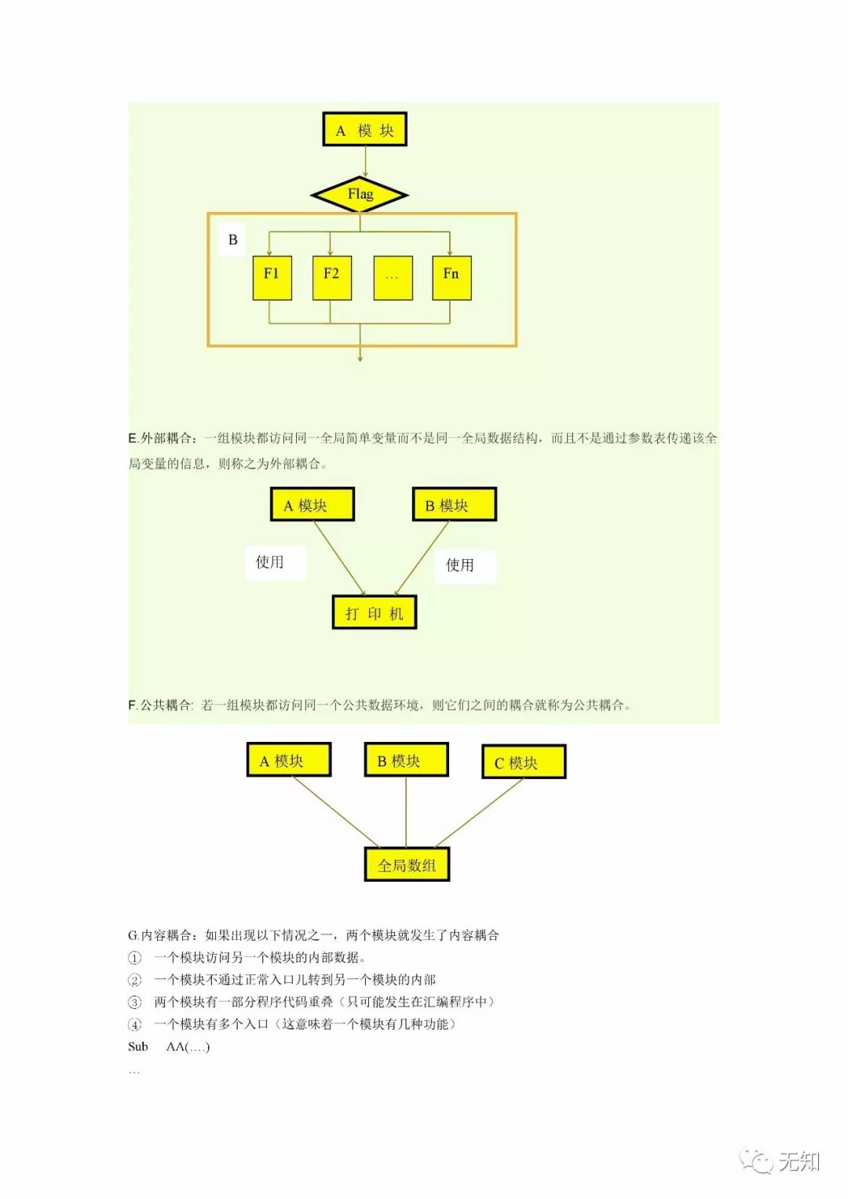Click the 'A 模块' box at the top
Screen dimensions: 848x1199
click(x=364, y=130)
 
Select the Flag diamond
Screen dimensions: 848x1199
click(x=360, y=195)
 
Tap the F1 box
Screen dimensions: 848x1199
click(x=272, y=277)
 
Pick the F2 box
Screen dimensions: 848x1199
click(x=331, y=277)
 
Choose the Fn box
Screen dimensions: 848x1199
click(x=451, y=277)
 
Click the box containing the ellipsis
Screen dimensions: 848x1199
click(x=393, y=277)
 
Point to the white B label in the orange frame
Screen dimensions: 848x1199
click(x=232, y=239)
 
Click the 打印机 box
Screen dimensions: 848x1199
click(x=375, y=613)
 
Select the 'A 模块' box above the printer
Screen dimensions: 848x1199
click(x=312, y=505)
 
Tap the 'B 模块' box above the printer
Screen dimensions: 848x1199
click(x=454, y=505)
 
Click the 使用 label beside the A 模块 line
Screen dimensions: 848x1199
click(x=270, y=562)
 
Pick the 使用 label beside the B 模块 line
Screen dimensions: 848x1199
click(x=461, y=565)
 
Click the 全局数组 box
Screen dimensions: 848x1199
click(x=407, y=865)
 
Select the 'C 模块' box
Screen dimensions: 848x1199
click(x=523, y=762)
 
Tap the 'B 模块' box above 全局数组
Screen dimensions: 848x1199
click(x=406, y=760)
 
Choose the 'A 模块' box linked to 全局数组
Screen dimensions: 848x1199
click(x=288, y=760)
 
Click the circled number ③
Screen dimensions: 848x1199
click(x=135, y=1002)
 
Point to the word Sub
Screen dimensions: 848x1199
click(x=138, y=1047)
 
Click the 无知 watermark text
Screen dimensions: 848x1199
click(x=799, y=1161)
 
